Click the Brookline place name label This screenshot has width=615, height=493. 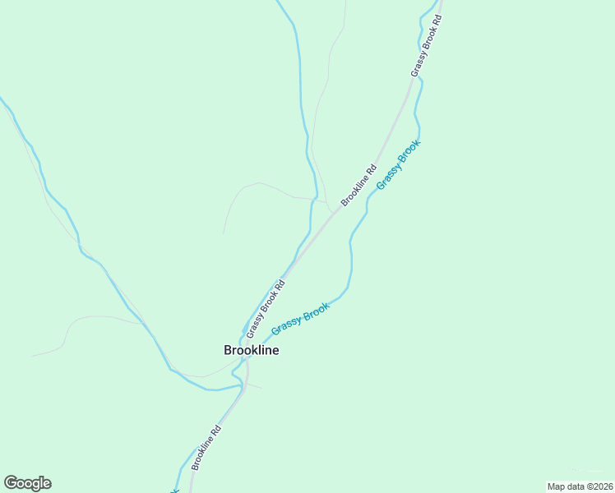click(251, 350)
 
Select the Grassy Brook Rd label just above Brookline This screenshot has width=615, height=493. click(266, 310)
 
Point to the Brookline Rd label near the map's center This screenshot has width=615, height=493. click(358, 185)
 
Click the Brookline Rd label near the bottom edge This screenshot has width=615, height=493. click(206, 448)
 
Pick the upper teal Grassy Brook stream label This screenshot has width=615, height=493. click(399, 164)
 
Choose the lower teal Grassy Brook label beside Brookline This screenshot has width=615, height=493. click(300, 318)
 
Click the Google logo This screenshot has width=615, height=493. click(27, 483)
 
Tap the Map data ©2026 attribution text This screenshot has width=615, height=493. click(580, 486)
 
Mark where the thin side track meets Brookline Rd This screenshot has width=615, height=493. click(331, 213)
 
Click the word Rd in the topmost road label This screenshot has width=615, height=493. click(437, 20)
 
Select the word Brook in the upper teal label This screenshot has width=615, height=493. click(409, 152)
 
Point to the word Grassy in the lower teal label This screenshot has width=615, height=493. click(285, 325)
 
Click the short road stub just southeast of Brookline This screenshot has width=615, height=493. click(255, 386)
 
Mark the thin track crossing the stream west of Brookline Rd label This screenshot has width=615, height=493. click(313, 198)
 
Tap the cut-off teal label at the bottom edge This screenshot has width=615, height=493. click(174, 491)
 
